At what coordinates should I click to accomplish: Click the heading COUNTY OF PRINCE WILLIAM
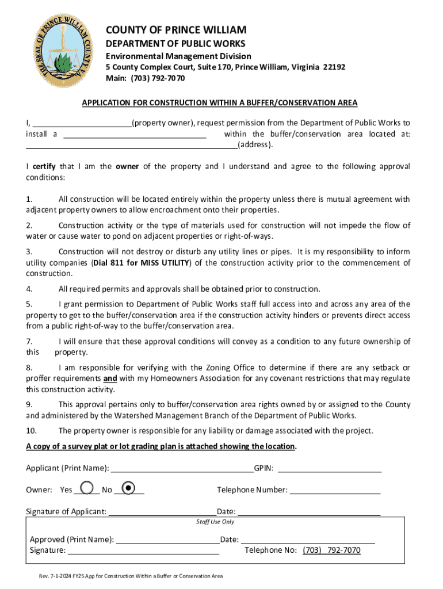(x=175, y=29)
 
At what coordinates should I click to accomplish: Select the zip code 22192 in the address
(x=334, y=67)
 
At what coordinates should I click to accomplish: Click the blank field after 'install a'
(x=134, y=135)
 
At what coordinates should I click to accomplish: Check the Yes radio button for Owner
(x=87, y=488)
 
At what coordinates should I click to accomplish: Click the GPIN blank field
(x=329, y=468)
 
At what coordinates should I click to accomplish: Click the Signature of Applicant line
(x=162, y=512)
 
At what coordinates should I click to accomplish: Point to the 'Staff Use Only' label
(x=215, y=522)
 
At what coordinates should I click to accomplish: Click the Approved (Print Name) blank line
(x=167, y=540)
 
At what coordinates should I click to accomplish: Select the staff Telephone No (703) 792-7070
(x=331, y=550)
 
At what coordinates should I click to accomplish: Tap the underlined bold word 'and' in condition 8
(x=110, y=378)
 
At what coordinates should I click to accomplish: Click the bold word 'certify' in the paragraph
(x=44, y=167)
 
